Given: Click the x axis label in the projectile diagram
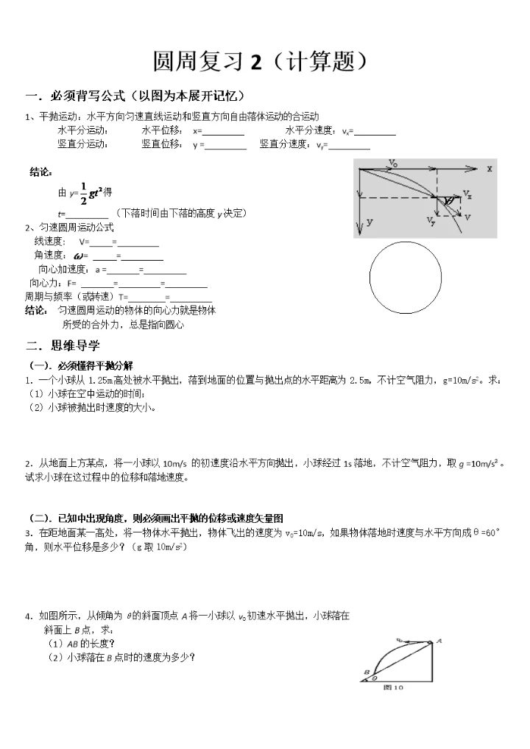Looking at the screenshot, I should pos(488,169).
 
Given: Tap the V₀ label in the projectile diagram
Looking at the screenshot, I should pos(393,163).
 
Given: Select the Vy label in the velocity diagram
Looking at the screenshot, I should pos(430,219).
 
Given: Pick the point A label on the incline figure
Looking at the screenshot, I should pos(439,641).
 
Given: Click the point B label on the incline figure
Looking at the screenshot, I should pos(365,672).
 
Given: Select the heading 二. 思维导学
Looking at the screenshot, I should pos(63,345).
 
